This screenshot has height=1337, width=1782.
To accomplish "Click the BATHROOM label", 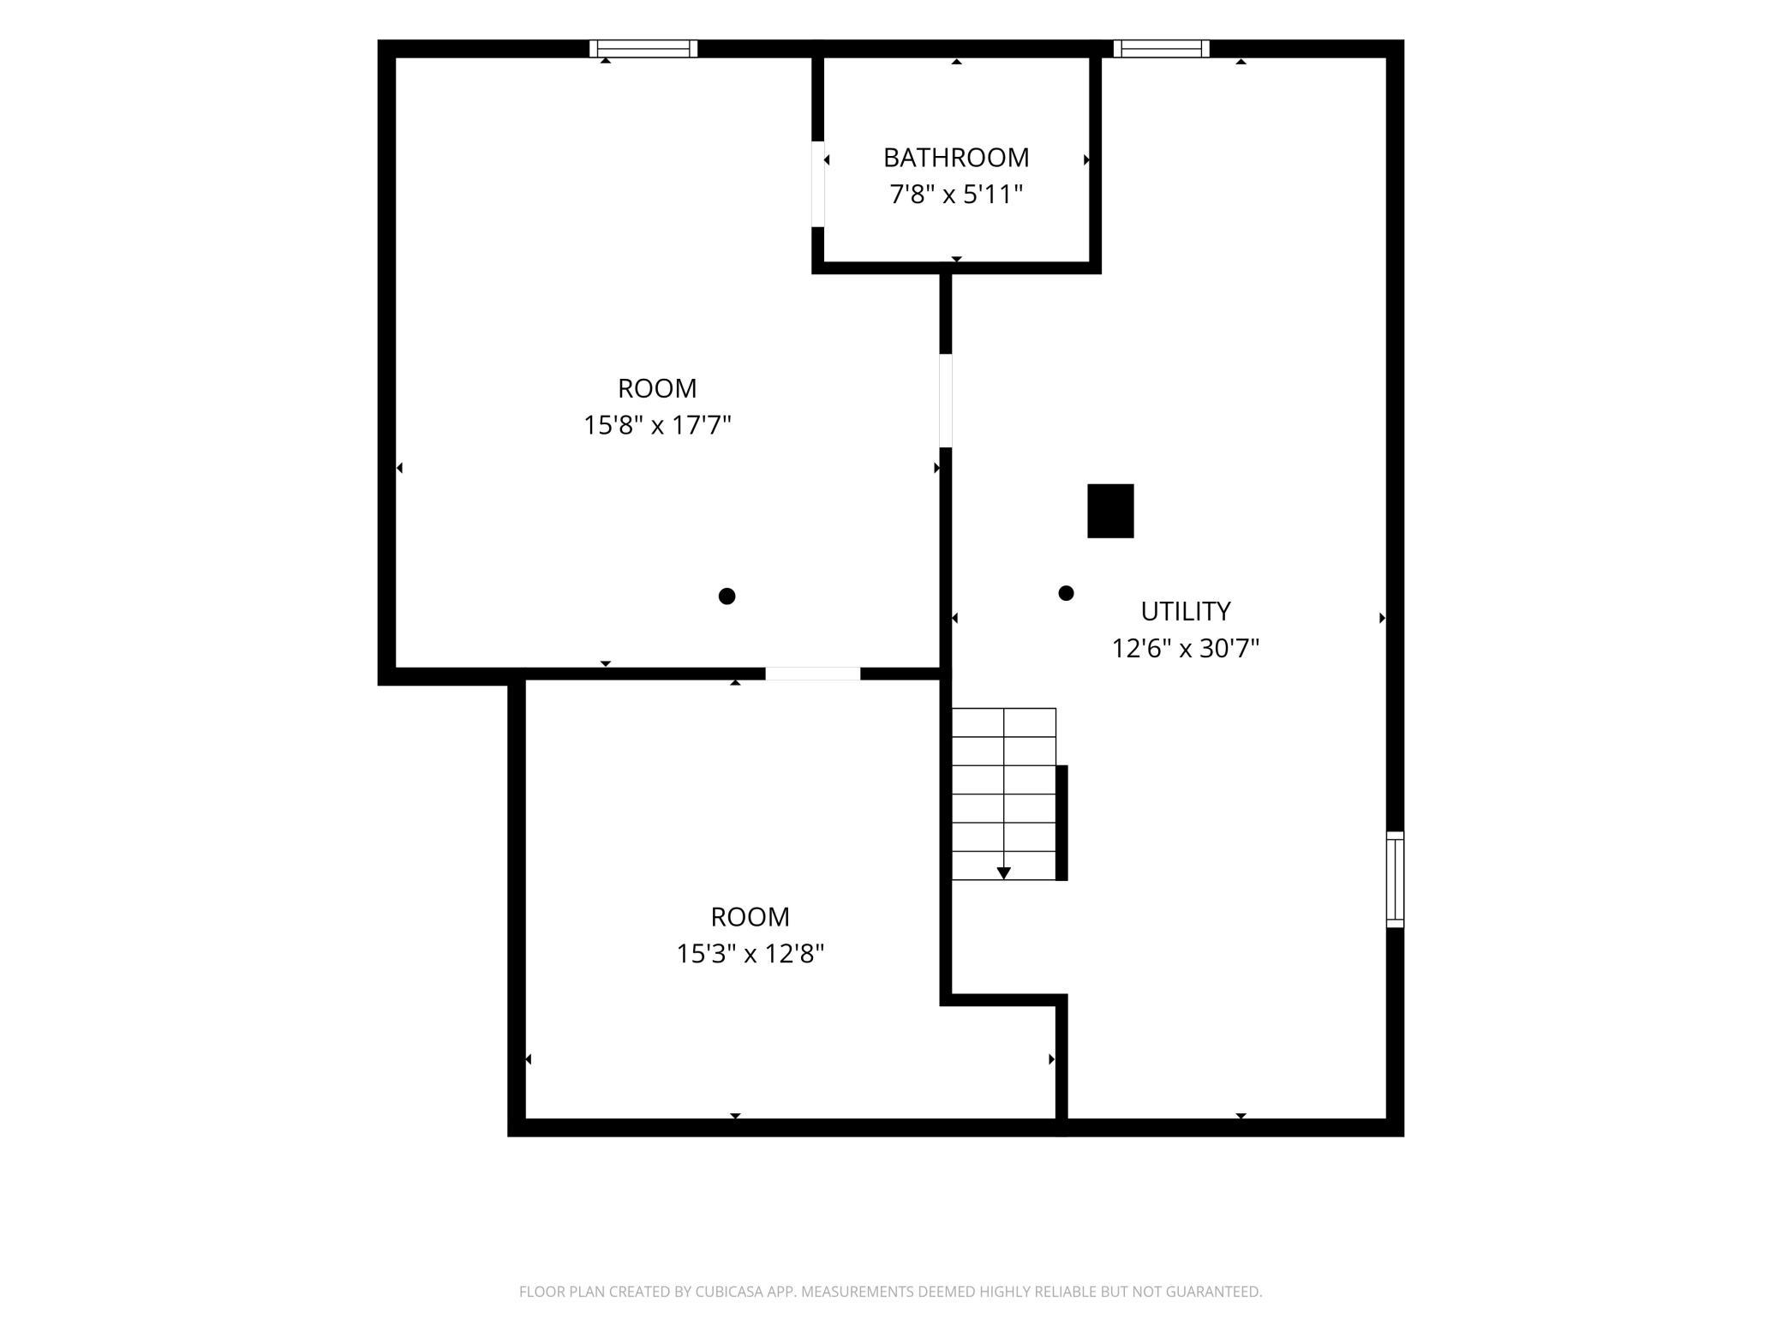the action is coord(956,158).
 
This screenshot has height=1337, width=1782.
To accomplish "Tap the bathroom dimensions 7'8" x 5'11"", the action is coord(956,195).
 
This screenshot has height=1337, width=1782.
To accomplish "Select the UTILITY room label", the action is coord(1186,611).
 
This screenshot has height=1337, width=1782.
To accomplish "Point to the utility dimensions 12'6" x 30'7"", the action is coord(1186,649).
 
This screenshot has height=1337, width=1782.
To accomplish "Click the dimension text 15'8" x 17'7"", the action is coord(657,426).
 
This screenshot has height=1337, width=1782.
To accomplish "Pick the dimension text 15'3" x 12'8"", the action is coord(750,954).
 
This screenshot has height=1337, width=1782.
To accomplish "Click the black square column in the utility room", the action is coord(1110,511).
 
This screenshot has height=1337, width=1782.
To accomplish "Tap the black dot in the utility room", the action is coord(1066,593).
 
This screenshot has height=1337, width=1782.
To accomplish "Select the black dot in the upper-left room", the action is coord(727,597).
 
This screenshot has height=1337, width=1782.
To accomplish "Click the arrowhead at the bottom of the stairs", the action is coord(1004,873).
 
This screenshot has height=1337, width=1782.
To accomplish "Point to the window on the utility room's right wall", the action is coord(1396,879).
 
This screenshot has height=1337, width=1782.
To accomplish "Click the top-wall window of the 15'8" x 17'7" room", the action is coord(643,49).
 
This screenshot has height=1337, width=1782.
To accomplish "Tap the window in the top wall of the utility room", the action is coord(1161,49).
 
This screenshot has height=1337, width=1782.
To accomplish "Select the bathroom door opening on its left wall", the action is coord(818,184).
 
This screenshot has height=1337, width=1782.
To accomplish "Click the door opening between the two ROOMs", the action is coord(812,674).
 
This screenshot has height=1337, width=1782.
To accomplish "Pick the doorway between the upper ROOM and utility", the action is coord(946,400).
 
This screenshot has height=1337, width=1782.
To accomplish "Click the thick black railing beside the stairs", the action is coord(1061,823).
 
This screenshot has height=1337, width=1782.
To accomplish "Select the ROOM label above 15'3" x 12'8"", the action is coord(750,917).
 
